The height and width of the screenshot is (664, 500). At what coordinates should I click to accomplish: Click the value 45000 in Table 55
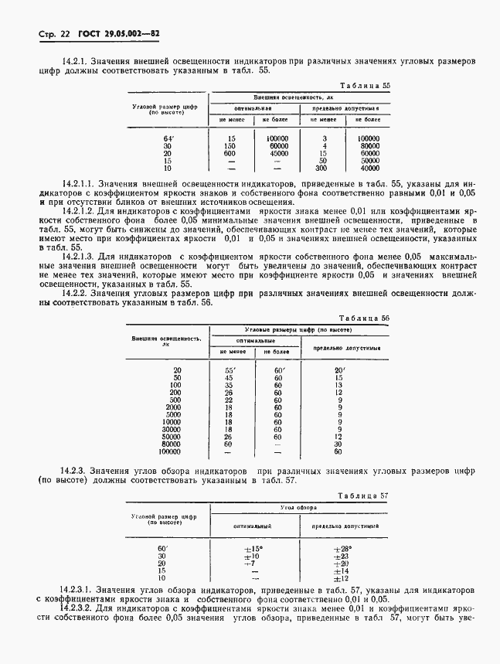(x=276, y=153)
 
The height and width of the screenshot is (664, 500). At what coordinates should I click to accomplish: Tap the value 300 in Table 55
(x=325, y=167)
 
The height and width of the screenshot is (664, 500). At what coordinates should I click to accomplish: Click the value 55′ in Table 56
(x=229, y=370)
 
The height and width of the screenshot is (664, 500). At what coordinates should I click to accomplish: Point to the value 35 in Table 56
(x=229, y=385)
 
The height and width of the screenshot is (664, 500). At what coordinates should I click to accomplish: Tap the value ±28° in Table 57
(x=341, y=548)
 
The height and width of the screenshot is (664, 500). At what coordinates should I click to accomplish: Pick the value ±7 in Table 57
(x=250, y=563)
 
